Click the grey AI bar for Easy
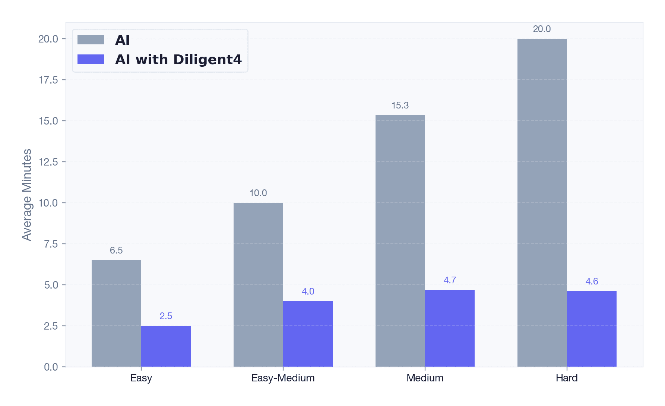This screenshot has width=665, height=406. (116, 313)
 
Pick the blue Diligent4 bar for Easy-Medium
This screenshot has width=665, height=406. (308, 334)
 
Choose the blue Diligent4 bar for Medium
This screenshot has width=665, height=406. (450, 328)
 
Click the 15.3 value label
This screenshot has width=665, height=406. (400, 106)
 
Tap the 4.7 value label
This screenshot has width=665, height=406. (450, 280)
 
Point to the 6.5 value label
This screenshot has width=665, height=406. (116, 251)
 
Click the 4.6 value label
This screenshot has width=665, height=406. (592, 281)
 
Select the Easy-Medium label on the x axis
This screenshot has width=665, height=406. (283, 378)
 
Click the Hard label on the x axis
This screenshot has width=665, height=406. (567, 378)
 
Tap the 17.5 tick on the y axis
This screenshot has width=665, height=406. (48, 80)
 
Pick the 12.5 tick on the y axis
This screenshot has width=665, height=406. (48, 162)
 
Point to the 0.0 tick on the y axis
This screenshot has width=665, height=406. (51, 367)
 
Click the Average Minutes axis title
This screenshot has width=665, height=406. (27, 195)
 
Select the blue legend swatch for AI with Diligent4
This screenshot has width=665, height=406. (91, 59)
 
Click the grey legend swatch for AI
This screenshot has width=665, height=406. (91, 40)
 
